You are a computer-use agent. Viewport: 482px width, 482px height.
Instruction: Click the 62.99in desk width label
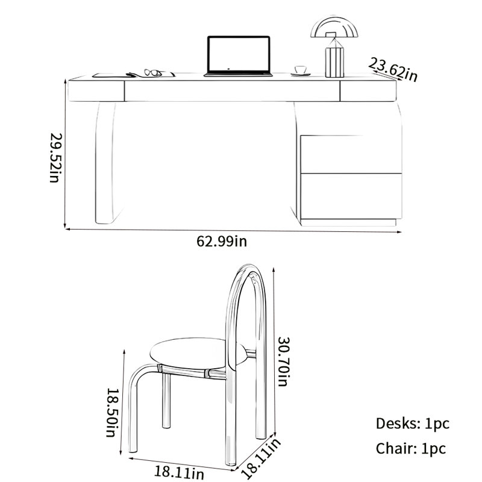(222, 242)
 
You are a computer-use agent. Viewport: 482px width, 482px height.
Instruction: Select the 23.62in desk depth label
(393, 70)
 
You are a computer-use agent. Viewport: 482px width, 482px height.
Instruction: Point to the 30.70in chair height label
(284, 361)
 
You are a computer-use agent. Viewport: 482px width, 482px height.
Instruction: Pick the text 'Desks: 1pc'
(413, 424)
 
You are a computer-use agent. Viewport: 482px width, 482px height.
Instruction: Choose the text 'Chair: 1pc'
(411, 448)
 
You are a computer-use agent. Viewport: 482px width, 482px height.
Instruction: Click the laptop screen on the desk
(239, 54)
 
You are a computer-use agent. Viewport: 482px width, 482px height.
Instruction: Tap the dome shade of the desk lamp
(334, 27)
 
